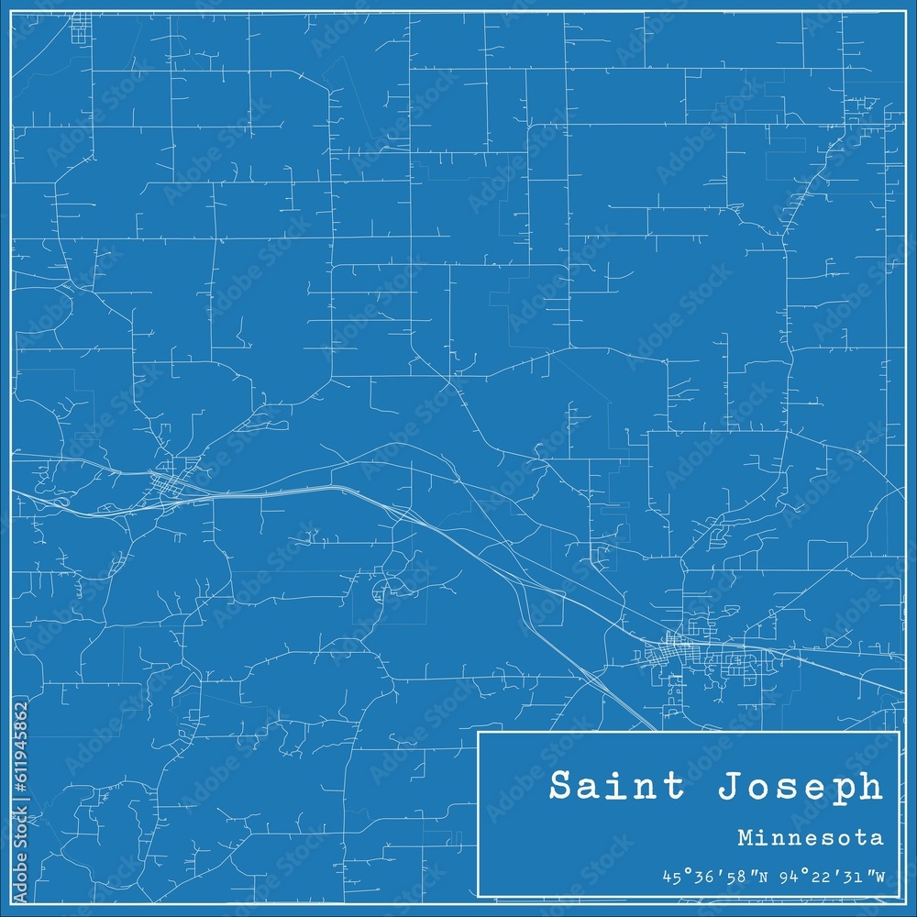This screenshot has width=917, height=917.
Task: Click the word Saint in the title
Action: [615, 787]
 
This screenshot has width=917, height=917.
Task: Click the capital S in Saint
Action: [560, 787]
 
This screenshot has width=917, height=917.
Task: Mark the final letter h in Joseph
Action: [871, 787]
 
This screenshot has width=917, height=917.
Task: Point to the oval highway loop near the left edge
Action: [61, 502]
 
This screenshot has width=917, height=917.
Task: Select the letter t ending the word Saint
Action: [680, 787]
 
